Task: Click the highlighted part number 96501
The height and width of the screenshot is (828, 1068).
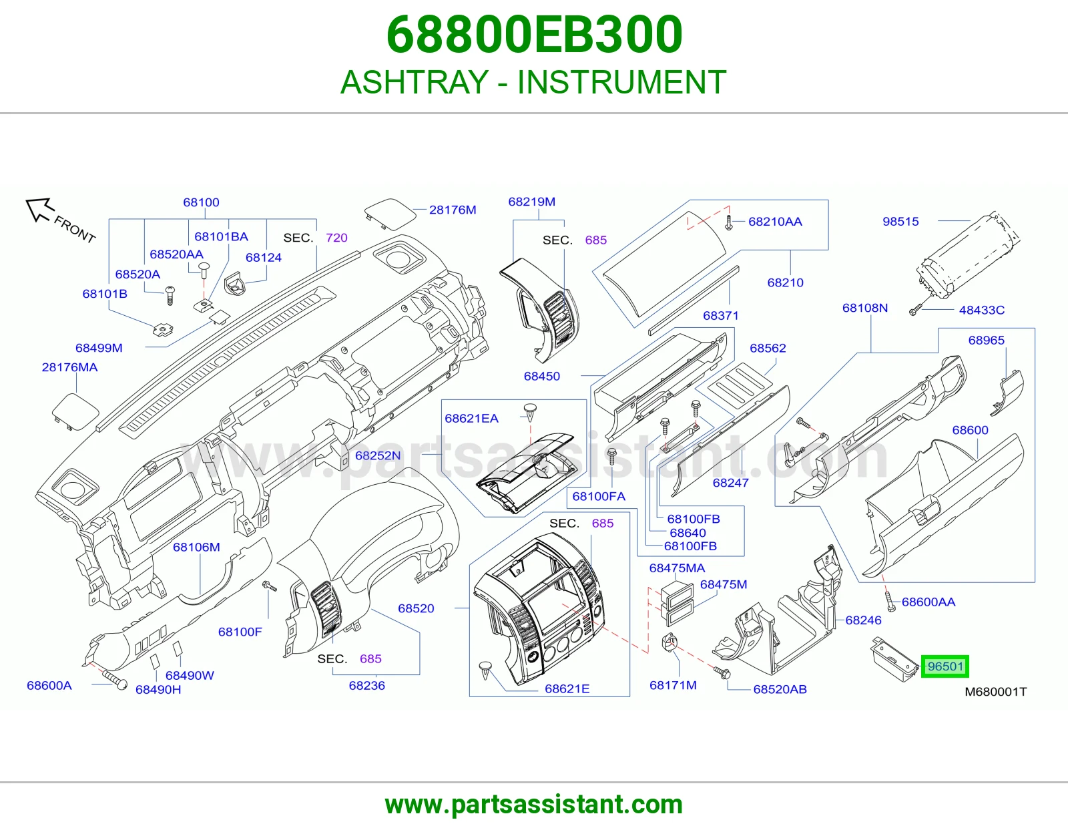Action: [945, 666]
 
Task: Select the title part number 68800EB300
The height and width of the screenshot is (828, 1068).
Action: [534, 34]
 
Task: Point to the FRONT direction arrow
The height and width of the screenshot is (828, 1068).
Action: [39, 210]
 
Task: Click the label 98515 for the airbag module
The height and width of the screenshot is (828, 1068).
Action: [900, 221]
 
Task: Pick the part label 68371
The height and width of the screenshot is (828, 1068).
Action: [720, 316]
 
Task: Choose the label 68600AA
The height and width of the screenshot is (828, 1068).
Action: [928, 602]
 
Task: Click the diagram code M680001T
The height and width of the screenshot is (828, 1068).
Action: [996, 692]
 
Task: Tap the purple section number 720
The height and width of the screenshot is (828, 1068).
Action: [336, 238]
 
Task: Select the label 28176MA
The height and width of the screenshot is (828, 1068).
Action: [70, 367]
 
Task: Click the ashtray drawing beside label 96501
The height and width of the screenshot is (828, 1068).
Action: [894, 659]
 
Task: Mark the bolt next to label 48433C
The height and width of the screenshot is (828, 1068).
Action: [915, 310]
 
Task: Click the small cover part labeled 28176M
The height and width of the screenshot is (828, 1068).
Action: [390, 214]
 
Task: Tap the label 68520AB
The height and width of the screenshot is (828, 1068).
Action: [780, 689]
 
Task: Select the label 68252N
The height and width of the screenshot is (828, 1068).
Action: [377, 455]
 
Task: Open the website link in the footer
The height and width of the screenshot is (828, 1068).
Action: [534, 805]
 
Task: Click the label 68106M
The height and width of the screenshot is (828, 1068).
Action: [196, 547]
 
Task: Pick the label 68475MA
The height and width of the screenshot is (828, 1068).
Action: [677, 568]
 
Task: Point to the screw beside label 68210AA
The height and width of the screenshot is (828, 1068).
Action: [729, 222]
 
